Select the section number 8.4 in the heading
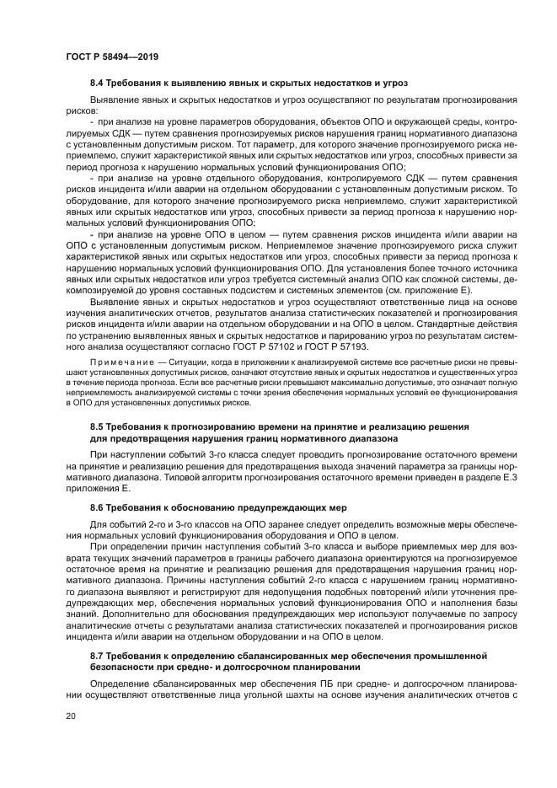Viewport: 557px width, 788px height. pos(99,84)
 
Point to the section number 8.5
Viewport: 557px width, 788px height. pos(99,427)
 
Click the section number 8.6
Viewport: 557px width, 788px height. pos(99,508)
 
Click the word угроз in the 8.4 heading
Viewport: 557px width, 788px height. pos(391,84)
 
